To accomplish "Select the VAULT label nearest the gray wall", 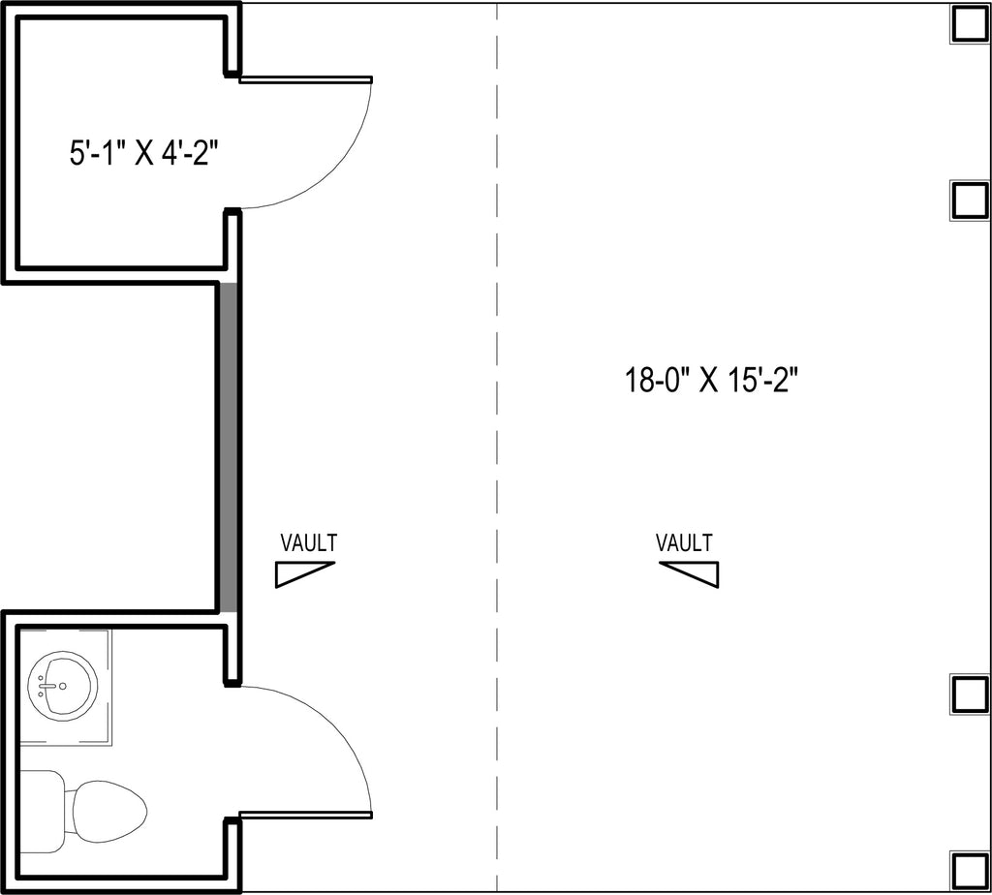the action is pos(309,542).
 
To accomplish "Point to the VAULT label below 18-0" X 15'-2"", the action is pos(684,542).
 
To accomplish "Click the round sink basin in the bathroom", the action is pos(63,687).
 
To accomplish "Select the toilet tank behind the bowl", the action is pos(43,812).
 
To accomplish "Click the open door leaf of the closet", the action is pos(305,79).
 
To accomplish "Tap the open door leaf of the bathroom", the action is pos(305,816).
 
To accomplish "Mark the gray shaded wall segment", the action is pos(229,447).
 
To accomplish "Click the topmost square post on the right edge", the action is pos(969,25).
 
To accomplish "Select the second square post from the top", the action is pos(969,201).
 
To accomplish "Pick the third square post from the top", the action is pos(969,694).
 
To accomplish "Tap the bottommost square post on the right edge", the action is pos(969,871).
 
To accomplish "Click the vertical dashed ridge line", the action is pos(497,447).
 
